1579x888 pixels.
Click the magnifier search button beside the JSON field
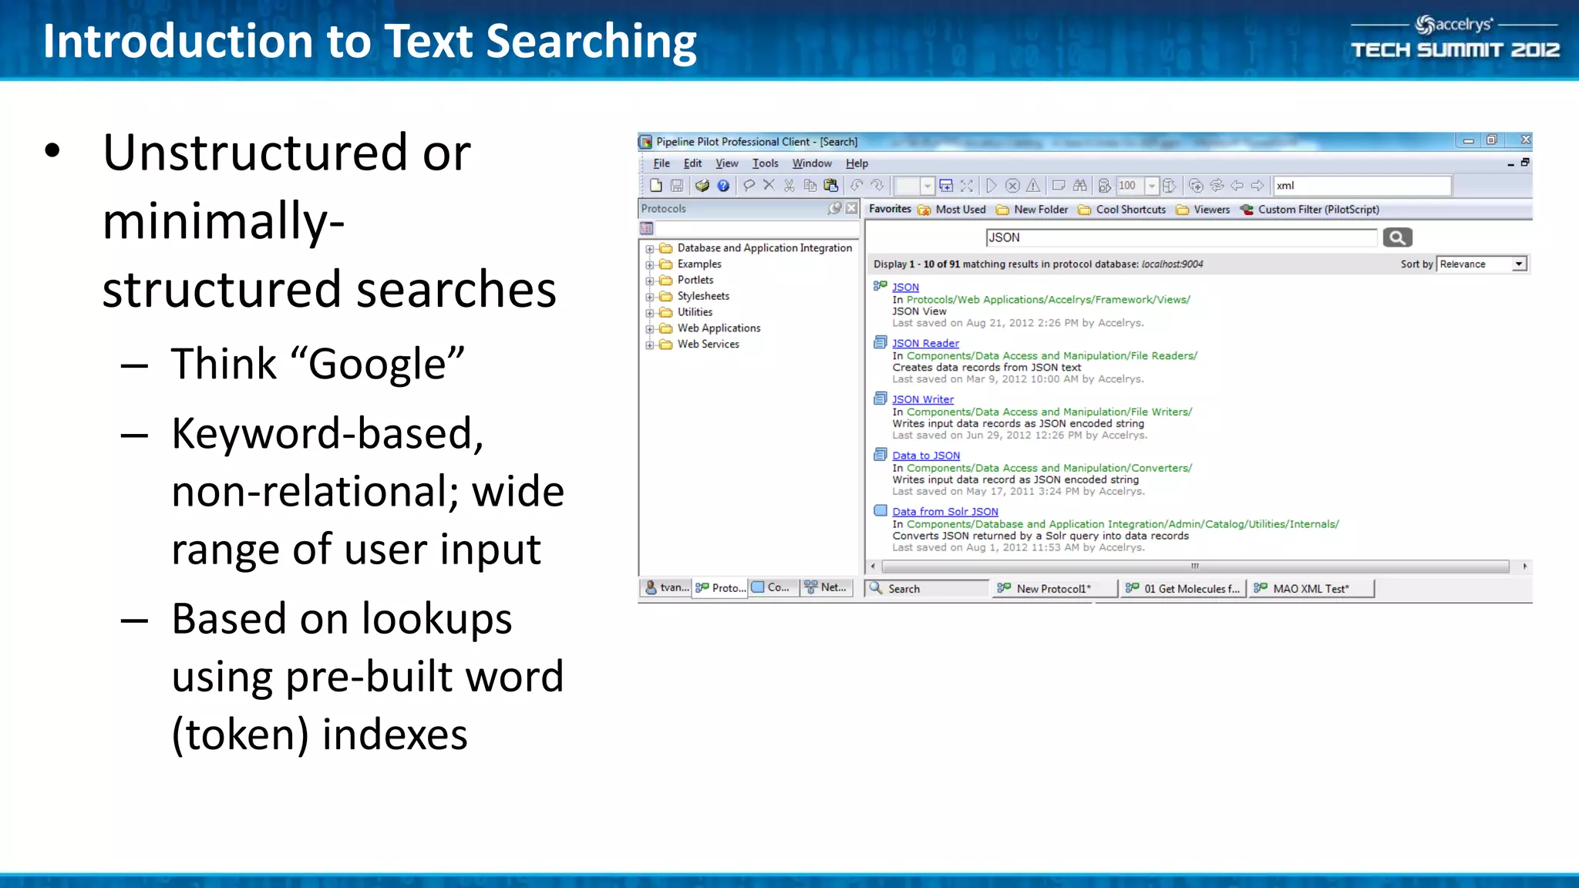[x=1397, y=237]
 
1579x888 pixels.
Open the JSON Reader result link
[x=925, y=343]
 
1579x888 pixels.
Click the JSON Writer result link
[x=923, y=399]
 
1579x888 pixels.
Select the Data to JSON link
[x=926, y=456]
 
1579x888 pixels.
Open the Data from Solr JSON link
[x=945, y=511]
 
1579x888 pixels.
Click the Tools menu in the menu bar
[x=765, y=163]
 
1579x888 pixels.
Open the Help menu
[x=857, y=163]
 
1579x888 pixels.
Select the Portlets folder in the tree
[x=695, y=280]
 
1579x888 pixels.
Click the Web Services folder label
[x=708, y=344]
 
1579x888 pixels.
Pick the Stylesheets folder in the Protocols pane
[x=703, y=296]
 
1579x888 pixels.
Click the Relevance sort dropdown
[x=1482, y=264]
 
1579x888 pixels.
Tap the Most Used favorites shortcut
[x=960, y=210]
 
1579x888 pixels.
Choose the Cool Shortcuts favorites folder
[x=1130, y=210]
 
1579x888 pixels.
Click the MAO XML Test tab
[x=1311, y=589]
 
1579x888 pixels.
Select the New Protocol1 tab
[x=1053, y=589]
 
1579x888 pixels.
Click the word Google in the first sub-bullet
[x=377, y=364]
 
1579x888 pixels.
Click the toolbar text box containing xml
[x=1362, y=186]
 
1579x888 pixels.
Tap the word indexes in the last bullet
[x=394, y=734]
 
